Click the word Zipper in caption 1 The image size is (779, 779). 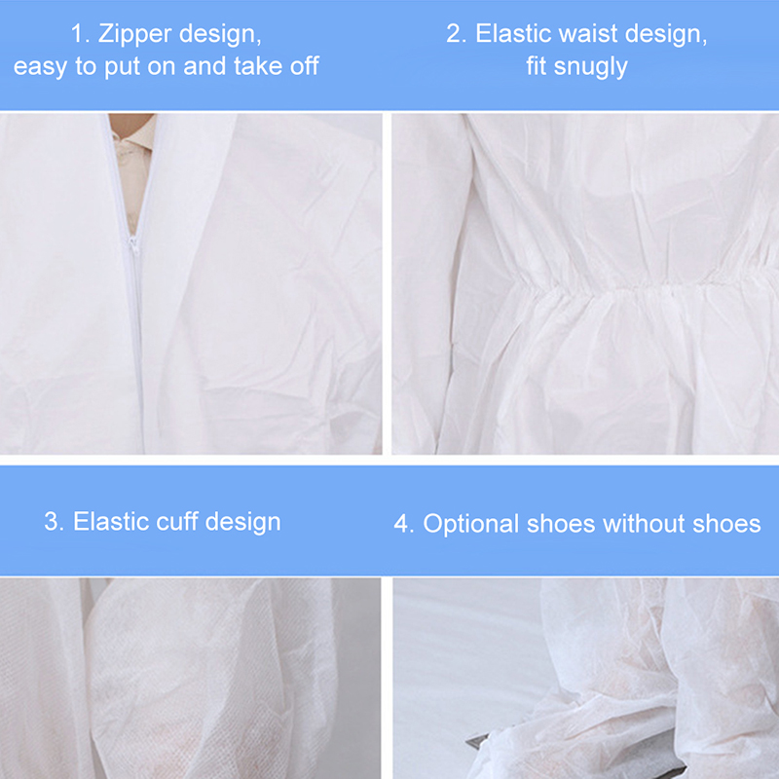pos(134,35)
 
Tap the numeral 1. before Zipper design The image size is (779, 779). pos(80,34)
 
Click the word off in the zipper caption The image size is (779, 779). pos(304,65)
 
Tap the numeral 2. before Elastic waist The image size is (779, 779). pos(456,34)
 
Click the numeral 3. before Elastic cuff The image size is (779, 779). pos(54,522)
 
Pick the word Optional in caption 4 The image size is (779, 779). pos(471,525)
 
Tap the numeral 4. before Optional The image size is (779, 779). pos(404,524)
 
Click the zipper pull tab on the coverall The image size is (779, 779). pos(133,245)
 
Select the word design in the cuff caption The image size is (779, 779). pos(242,523)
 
